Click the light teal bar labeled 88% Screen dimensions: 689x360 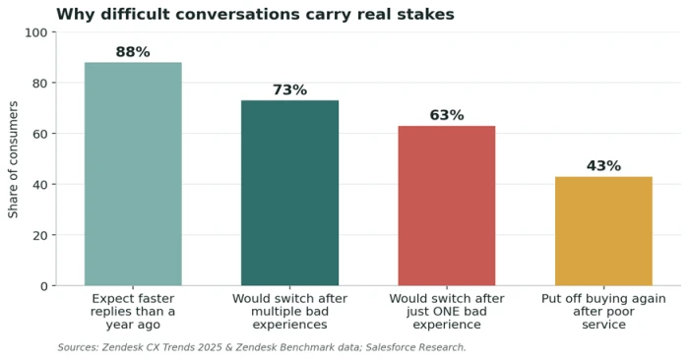(133, 174)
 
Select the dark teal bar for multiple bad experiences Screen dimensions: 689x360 (290, 193)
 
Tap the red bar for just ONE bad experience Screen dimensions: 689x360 (447, 206)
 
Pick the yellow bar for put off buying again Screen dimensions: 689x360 (603, 231)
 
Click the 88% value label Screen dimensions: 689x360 (133, 52)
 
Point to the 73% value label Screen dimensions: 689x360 (290, 90)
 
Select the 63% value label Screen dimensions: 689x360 (447, 115)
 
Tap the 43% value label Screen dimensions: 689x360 (603, 166)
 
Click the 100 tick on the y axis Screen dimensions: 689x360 (36, 32)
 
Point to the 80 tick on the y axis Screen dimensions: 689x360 (39, 83)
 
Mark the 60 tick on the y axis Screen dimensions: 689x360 (39, 134)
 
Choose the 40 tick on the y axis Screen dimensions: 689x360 (39, 184)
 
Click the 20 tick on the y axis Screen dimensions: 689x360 (39, 235)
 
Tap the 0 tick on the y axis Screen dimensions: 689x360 (43, 286)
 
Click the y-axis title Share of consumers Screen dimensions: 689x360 (13, 159)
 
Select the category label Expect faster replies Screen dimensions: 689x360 (133, 311)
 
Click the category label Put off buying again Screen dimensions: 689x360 (603, 311)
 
